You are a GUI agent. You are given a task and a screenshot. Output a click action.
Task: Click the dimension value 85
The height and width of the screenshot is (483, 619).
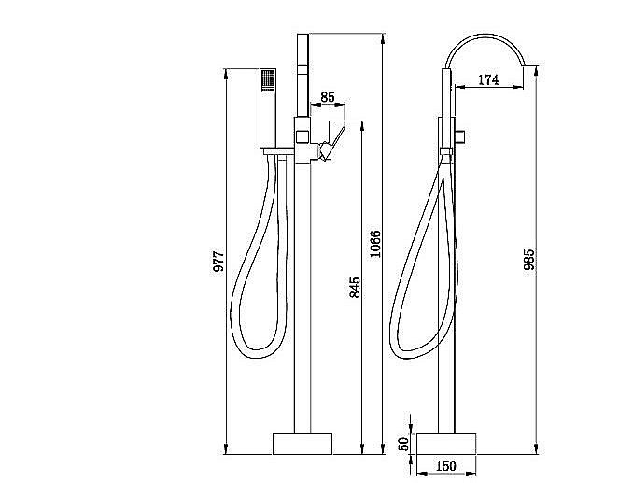[328, 96]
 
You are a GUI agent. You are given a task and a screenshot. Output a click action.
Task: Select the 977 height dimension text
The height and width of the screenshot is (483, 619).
[218, 263]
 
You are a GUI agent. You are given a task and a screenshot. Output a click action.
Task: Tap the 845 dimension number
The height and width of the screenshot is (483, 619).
[354, 288]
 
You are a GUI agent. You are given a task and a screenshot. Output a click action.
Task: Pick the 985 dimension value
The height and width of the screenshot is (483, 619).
[529, 260]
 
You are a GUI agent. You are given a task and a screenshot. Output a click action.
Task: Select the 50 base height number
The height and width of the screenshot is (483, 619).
[403, 444]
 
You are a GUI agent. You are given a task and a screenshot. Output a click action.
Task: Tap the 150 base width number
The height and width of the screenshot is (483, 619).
[446, 465]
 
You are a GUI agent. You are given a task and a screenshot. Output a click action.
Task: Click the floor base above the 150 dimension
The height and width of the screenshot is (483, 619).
[446, 443]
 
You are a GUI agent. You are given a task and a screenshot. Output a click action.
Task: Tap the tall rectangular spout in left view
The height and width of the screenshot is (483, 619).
[302, 79]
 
